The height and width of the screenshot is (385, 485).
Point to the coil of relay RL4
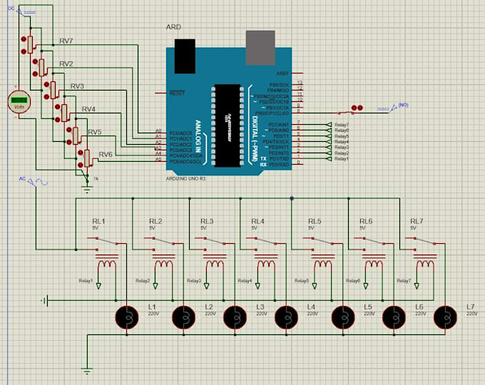(267, 265)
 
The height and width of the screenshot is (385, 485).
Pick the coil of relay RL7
(427, 265)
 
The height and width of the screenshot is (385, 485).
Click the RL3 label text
(207, 221)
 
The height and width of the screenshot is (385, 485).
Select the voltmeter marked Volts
(20, 101)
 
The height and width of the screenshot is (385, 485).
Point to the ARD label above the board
(173, 28)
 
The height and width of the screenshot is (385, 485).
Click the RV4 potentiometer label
(88, 109)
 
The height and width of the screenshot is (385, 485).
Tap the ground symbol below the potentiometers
(87, 188)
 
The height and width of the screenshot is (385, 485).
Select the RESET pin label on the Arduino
(177, 93)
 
